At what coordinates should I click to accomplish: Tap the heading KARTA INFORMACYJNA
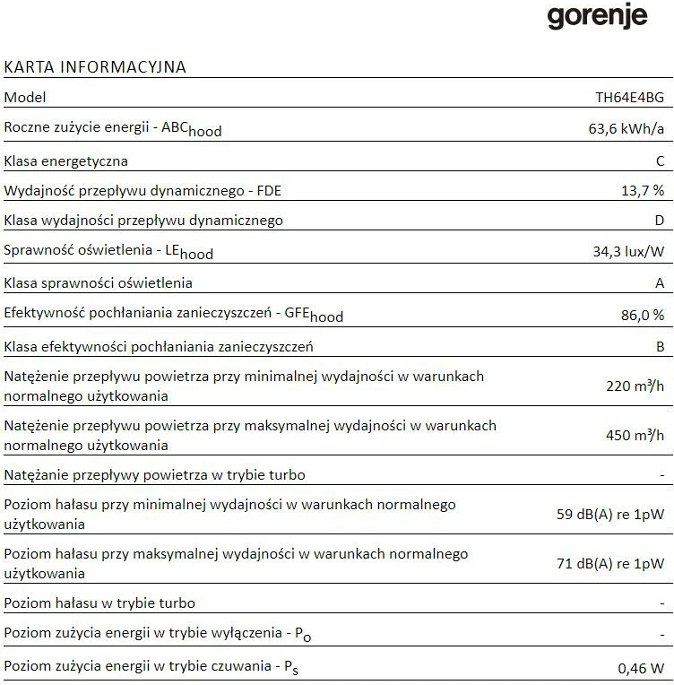95,67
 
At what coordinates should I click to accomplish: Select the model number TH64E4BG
630,97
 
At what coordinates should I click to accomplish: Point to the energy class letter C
660,161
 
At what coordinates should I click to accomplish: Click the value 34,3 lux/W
628,252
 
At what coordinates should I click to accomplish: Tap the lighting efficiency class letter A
660,283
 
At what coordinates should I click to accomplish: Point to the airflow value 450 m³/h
635,436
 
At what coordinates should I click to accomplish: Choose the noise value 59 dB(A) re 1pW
610,515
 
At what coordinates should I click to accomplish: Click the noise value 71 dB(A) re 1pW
610,564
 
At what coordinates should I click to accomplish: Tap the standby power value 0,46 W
642,668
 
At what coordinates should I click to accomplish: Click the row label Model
25,97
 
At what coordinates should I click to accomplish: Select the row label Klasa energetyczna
66,161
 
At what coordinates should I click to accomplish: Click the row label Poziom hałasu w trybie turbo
99,603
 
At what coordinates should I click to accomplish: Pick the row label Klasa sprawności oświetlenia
99,283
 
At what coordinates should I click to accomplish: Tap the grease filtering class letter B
660,346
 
